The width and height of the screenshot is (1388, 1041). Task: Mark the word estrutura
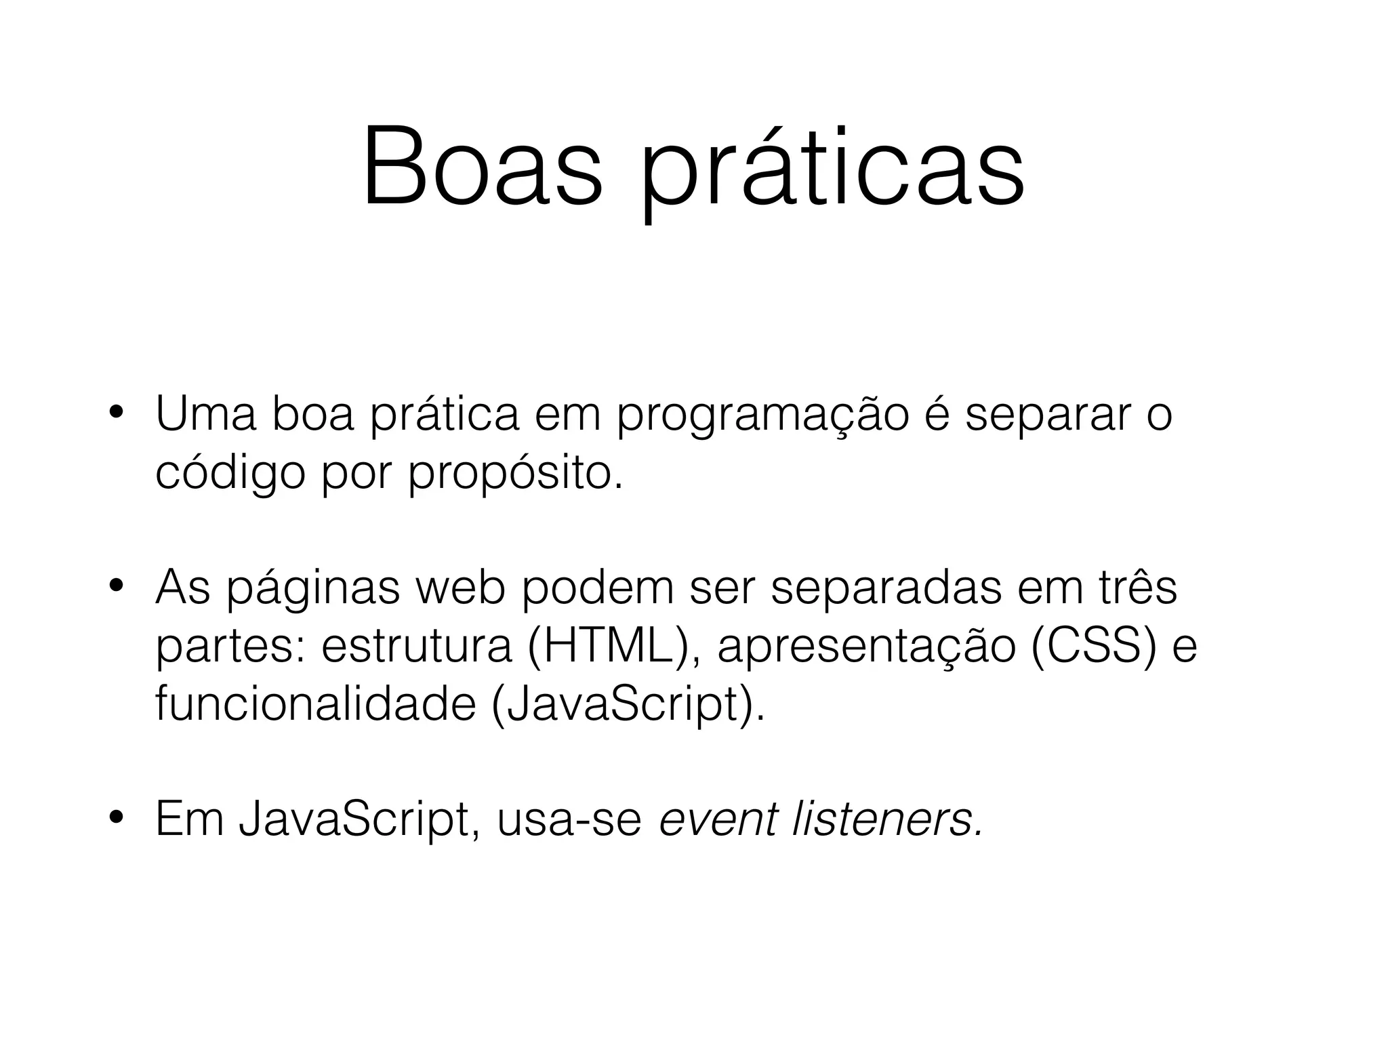(x=416, y=646)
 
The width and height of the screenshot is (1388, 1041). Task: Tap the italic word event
(x=718, y=819)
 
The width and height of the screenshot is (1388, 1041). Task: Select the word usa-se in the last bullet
(x=569, y=819)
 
